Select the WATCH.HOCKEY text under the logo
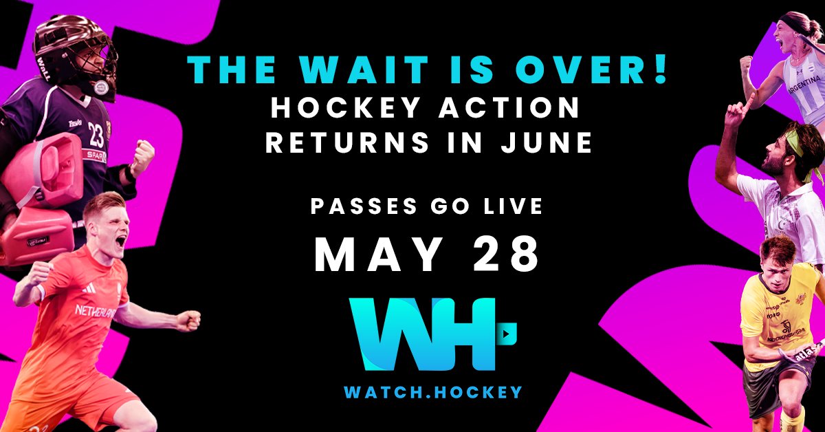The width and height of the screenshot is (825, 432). [433, 392]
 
